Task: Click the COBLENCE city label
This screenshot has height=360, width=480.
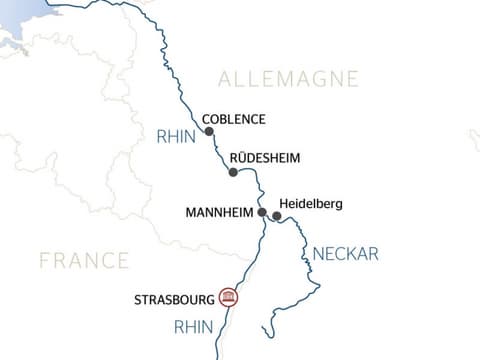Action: pyautogui.click(x=233, y=119)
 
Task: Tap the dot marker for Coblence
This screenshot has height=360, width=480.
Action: pyautogui.click(x=209, y=132)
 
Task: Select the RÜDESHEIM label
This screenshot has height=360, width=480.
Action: pyautogui.click(x=264, y=158)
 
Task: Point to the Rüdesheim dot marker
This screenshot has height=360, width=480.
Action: pyautogui.click(x=233, y=172)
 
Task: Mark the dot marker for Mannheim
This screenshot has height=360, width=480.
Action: pyautogui.click(x=262, y=213)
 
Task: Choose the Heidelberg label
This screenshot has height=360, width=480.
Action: pyautogui.click(x=311, y=204)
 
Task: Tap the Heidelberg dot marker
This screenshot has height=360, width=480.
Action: pyautogui.click(x=277, y=215)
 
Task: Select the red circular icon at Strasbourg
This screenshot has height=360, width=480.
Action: pyautogui.click(x=228, y=297)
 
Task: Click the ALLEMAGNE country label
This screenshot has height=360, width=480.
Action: pyautogui.click(x=288, y=79)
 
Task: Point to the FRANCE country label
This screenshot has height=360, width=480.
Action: pyautogui.click(x=84, y=261)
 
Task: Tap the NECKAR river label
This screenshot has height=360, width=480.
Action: pyautogui.click(x=346, y=254)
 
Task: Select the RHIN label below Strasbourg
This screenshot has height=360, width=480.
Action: pyautogui.click(x=194, y=326)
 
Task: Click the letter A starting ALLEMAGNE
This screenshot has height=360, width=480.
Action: pyautogui.click(x=224, y=79)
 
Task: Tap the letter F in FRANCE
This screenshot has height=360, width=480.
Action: pyautogui.click(x=45, y=261)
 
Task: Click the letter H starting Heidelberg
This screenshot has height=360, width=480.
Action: pyautogui.click(x=285, y=204)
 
